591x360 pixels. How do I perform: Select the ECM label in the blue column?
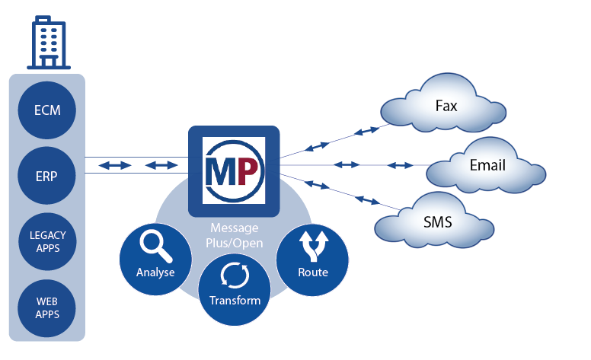(x=47, y=110)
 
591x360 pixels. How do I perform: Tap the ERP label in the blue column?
(x=47, y=177)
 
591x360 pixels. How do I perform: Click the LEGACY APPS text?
(x=47, y=242)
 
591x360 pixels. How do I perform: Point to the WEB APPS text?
(x=47, y=307)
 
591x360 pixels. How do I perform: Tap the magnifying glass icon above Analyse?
(x=155, y=246)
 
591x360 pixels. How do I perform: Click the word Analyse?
(x=155, y=272)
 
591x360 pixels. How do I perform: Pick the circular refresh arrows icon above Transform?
(x=235, y=274)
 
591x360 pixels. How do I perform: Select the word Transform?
(x=235, y=300)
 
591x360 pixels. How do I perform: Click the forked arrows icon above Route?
(x=313, y=246)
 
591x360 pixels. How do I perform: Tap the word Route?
(x=313, y=272)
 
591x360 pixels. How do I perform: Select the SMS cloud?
(x=436, y=223)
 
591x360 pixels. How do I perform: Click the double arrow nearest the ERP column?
(x=114, y=165)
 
